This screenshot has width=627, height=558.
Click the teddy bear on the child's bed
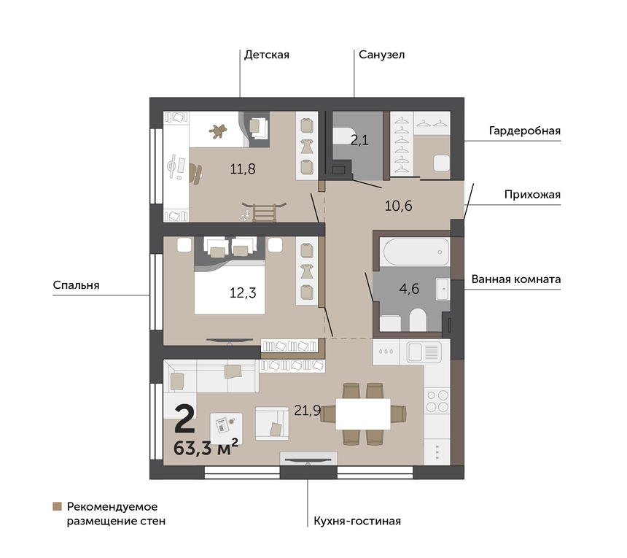pos(218,131)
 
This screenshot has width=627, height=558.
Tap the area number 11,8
pos(243,168)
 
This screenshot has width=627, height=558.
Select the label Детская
pos(267,55)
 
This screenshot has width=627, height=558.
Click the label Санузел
pos(381,55)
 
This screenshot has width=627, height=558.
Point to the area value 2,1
pos(359,140)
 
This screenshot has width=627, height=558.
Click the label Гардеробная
pos(525,131)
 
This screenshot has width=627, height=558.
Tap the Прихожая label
pos(532,195)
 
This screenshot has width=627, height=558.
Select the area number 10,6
pos(398,206)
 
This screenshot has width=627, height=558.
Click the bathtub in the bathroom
pos(416,252)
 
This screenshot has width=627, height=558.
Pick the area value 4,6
pos(409,288)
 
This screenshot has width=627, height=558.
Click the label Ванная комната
pos(516,279)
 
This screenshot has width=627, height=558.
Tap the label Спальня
pos(76,285)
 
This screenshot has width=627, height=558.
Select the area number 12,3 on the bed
pos(243,292)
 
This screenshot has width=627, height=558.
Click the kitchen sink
pos(424,352)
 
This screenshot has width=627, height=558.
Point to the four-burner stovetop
pos(437,401)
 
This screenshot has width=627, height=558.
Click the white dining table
pos(363,414)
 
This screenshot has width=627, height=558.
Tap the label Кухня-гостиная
pos(357,522)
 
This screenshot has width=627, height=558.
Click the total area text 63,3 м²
pos(206,447)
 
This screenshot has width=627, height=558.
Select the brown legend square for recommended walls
pos(57,506)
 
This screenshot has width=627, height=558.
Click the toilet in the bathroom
pos(418,319)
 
